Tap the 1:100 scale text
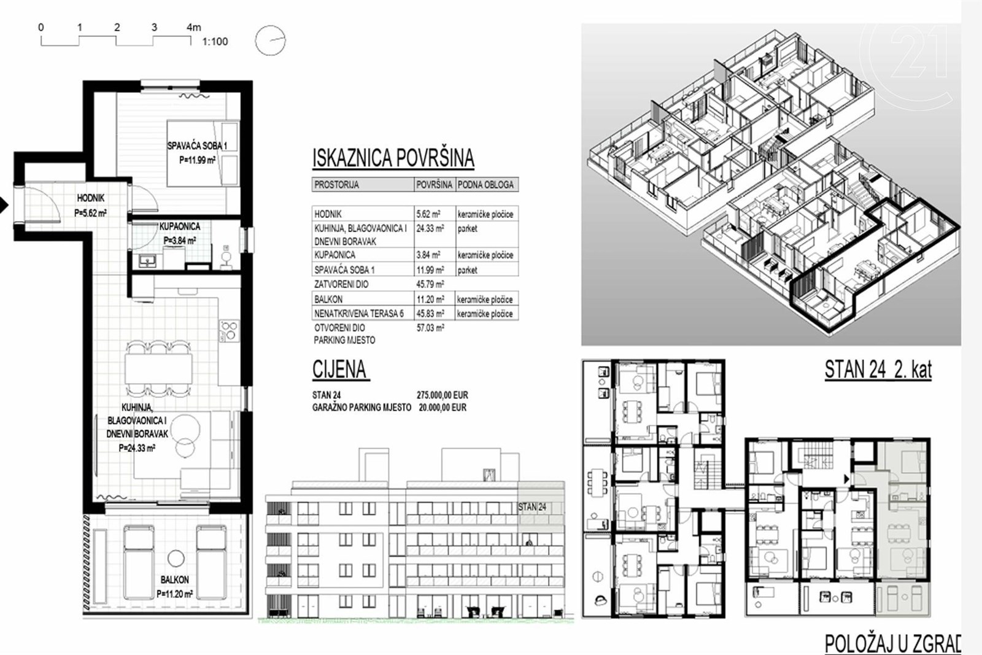pyautogui.click(x=215, y=42)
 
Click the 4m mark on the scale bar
pyautogui.click(x=194, y=27)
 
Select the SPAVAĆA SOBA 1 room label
pyautogui.click(x=197, y=145)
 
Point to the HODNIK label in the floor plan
pyautogui.click(x=91, y=198)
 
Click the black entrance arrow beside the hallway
pyautogui.click(x=4, y=205)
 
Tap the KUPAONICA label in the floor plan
pyautogui.click(x=179, y=227)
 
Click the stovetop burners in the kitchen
pyautogui.click(x=229, y=331)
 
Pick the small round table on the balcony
pyautogui.click(x=176, y=558)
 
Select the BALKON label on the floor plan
pyautogui.click(x=174, y=579)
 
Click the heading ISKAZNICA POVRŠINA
pyautogui.click(x=393, y=158)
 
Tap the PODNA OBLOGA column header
pyautogui.click(x=485, y=185)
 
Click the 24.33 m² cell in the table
pyautogui.click(x=430, y=228)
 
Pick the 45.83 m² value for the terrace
pyautogui.click(x=430, y=314)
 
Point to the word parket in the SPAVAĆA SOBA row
pyautogui.click(x=467, y=270)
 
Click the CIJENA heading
pyautogui.click(x=339, y=369)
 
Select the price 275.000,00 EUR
pyautogui.click(x=443, y=395)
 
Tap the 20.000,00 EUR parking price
pyautogui.click(x=443, y=407)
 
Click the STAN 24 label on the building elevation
pyautogui.click(x=532, y=507)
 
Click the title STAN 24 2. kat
pyautogui.click(x=878, y=370)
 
